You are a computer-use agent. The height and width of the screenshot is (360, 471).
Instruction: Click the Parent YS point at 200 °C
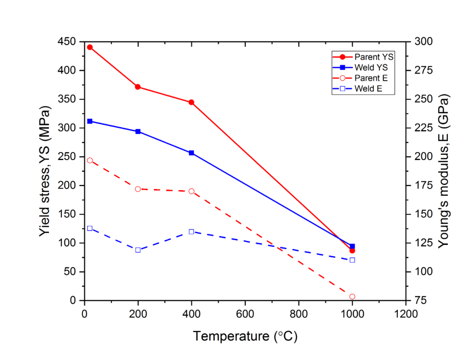tap(138, 87)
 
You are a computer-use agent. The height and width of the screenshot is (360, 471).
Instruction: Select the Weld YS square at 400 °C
tap(191, 153)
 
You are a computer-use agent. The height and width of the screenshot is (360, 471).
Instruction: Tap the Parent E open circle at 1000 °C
tap(352, 297)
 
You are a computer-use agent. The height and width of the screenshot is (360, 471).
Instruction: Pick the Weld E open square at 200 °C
tap(138, 250)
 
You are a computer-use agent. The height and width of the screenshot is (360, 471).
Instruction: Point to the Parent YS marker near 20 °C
tap(90, 47)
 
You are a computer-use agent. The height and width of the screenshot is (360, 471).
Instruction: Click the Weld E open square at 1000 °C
tap(352, 260)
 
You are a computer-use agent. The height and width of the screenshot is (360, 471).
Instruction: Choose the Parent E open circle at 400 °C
tap(191, 191)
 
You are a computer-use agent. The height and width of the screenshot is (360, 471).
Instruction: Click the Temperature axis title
tap(245, 336)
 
